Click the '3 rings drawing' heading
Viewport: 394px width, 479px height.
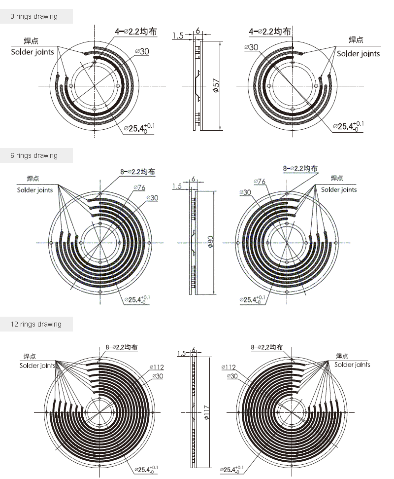(34, 16)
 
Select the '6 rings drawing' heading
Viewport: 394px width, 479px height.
(34, 155)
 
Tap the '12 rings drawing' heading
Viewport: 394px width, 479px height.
(36, 324)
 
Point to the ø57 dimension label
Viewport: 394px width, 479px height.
(216, 85)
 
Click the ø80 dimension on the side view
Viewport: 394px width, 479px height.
(210, 242)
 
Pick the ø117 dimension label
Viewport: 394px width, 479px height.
(206, 412)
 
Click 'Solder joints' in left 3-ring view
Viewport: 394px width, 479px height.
(33, 52)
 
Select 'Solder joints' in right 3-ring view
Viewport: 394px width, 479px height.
(359, 54)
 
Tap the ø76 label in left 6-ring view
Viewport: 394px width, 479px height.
(139, 187)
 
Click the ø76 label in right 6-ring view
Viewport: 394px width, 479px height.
(260, 182)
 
